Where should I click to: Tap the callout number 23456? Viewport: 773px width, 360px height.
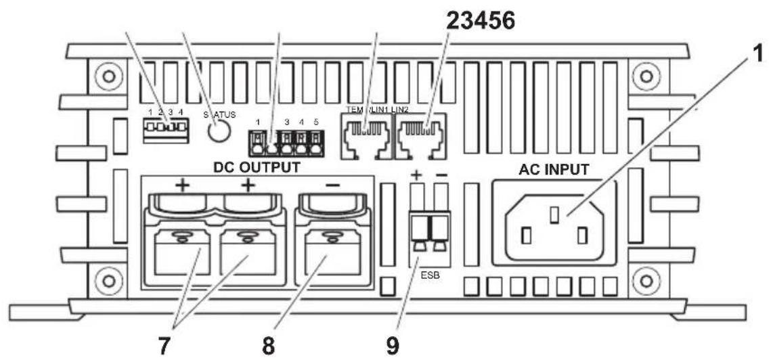coord(479,22)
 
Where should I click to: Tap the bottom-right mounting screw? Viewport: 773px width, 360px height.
coord(646,279)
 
